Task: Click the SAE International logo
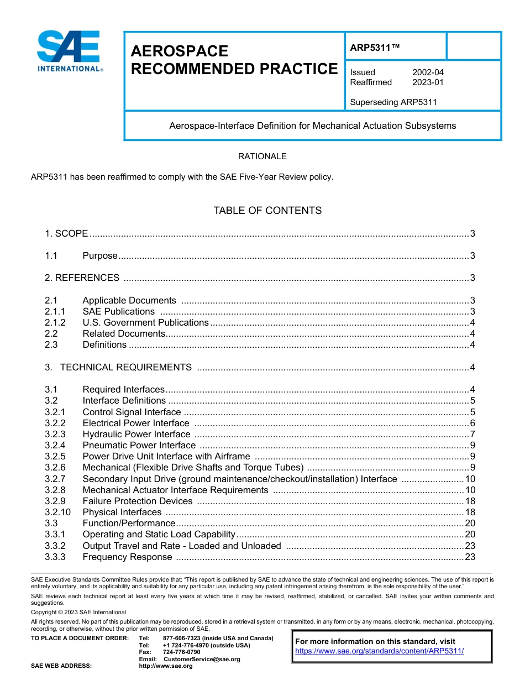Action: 69,51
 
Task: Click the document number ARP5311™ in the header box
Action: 374,48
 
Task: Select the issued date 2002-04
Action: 428,72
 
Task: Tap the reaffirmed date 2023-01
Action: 428,82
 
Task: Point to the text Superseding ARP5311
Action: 393,102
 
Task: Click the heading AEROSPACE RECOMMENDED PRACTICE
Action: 234,60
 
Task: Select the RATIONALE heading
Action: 262,156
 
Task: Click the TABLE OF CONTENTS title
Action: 267,211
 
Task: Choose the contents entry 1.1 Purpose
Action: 100,255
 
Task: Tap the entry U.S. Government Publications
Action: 145,322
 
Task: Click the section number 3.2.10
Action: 58,512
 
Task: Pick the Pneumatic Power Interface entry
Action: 139,445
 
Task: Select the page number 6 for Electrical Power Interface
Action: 473,423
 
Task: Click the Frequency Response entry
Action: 127,557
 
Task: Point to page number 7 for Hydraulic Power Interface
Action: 473,434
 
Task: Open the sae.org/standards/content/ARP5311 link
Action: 379,651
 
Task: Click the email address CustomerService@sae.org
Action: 202,659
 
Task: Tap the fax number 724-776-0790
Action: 181,652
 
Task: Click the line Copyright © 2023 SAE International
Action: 78,612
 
